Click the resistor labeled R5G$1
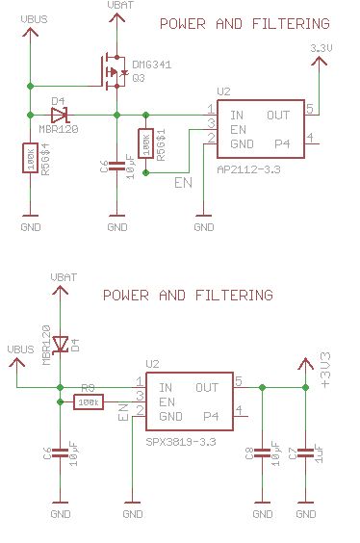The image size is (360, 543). [145, 143]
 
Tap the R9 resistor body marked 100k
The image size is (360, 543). [90, 402]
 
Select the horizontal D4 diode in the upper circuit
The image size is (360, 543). [59, 114]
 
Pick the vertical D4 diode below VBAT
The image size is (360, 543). [61, 343]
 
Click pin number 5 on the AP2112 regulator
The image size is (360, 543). [310, 109]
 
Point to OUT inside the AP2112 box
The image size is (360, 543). [278, 115]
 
